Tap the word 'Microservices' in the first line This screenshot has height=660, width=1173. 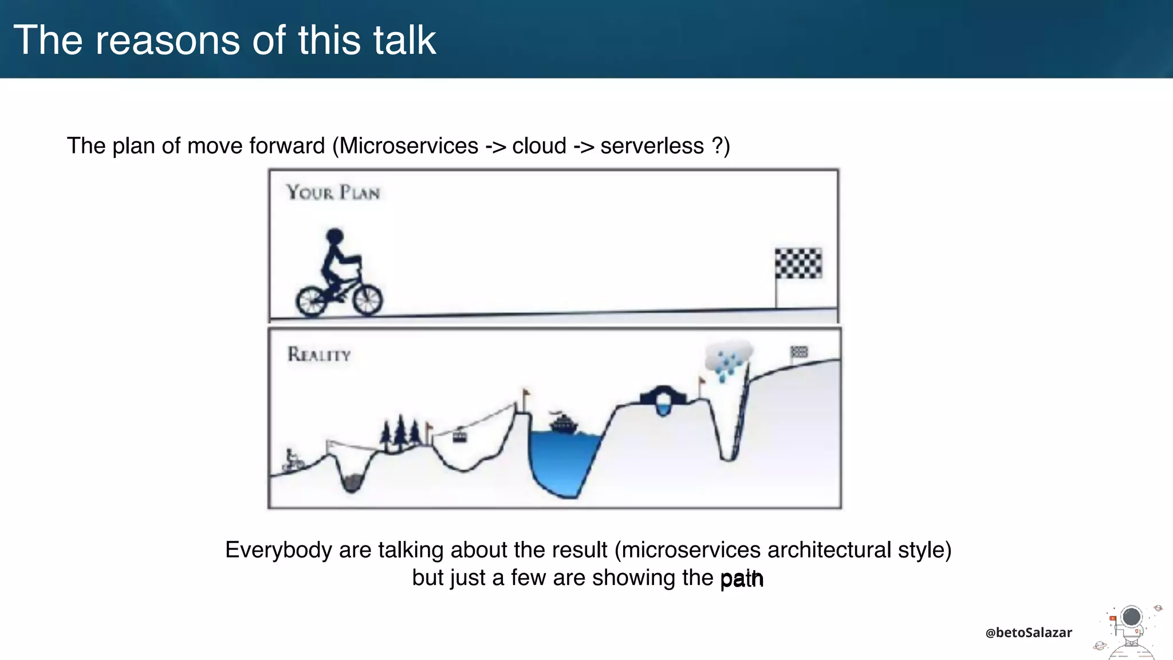[x=409, y=146]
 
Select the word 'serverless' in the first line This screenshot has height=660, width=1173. [x=652, y=146]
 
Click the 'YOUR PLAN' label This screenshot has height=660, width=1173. [x=333, y=192]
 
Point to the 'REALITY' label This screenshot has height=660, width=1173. [x=318, y=355]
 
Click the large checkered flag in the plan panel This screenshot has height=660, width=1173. [x=798, y=264]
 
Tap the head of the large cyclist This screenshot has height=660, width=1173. [x=334, y=236]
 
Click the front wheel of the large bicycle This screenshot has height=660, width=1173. [x=367, y=300]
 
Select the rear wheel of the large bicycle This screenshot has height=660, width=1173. [x=311, y=300]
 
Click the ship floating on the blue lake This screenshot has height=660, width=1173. [x=564, y=424]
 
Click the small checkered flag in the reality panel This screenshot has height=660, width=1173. [x=799, y=352]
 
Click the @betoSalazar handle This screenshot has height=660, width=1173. [x=1028, y=632]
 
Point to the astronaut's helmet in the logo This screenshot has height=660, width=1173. [x=1131, y=618]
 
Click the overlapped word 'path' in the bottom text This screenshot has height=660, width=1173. [x=742, y=579]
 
